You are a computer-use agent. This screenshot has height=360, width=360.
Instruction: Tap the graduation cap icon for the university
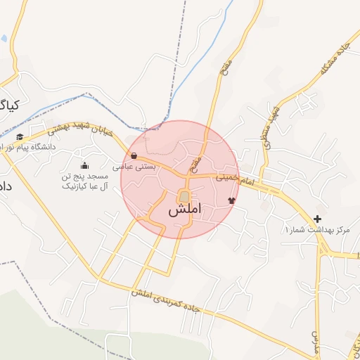point(20,136)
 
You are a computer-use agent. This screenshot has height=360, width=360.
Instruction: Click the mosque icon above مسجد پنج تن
point(84,165)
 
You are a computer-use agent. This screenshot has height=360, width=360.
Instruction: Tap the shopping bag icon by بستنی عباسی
point(134,156)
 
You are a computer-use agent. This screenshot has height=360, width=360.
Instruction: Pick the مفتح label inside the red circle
point(197,164)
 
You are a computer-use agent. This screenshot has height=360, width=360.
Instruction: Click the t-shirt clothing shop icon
point(231,200)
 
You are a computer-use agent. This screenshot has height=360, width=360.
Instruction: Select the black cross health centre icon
point(318,219)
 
